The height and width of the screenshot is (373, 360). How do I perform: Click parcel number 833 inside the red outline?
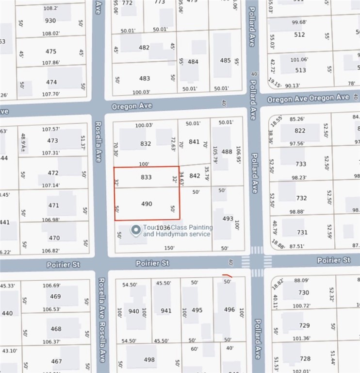[x=147, y=177]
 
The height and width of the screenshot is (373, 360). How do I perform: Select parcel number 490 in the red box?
[x=147, y=204]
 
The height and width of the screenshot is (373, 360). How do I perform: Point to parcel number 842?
[x=194, y=176]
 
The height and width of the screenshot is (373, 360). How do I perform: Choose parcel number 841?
[x=194, y=142]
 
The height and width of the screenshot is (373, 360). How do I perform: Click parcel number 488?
[x=227, y=152]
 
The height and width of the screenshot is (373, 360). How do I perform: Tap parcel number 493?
[x=228, y=219]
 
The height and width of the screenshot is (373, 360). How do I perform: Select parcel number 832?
[x=146, y=144]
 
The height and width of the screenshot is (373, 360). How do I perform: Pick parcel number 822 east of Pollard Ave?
[x=300, y=131]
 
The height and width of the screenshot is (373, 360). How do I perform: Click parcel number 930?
[x=50, y=21]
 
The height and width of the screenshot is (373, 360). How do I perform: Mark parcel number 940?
[x=133, y=311]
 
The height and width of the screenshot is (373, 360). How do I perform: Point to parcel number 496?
[x=229, y=309]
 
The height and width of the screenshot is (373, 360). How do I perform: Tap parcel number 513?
[x=300, y=70]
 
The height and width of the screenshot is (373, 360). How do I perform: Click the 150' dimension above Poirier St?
[x=169, y=248]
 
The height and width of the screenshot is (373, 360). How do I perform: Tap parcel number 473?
[x=52, y=141]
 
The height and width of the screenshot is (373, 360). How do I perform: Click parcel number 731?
[x=302, y=233]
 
